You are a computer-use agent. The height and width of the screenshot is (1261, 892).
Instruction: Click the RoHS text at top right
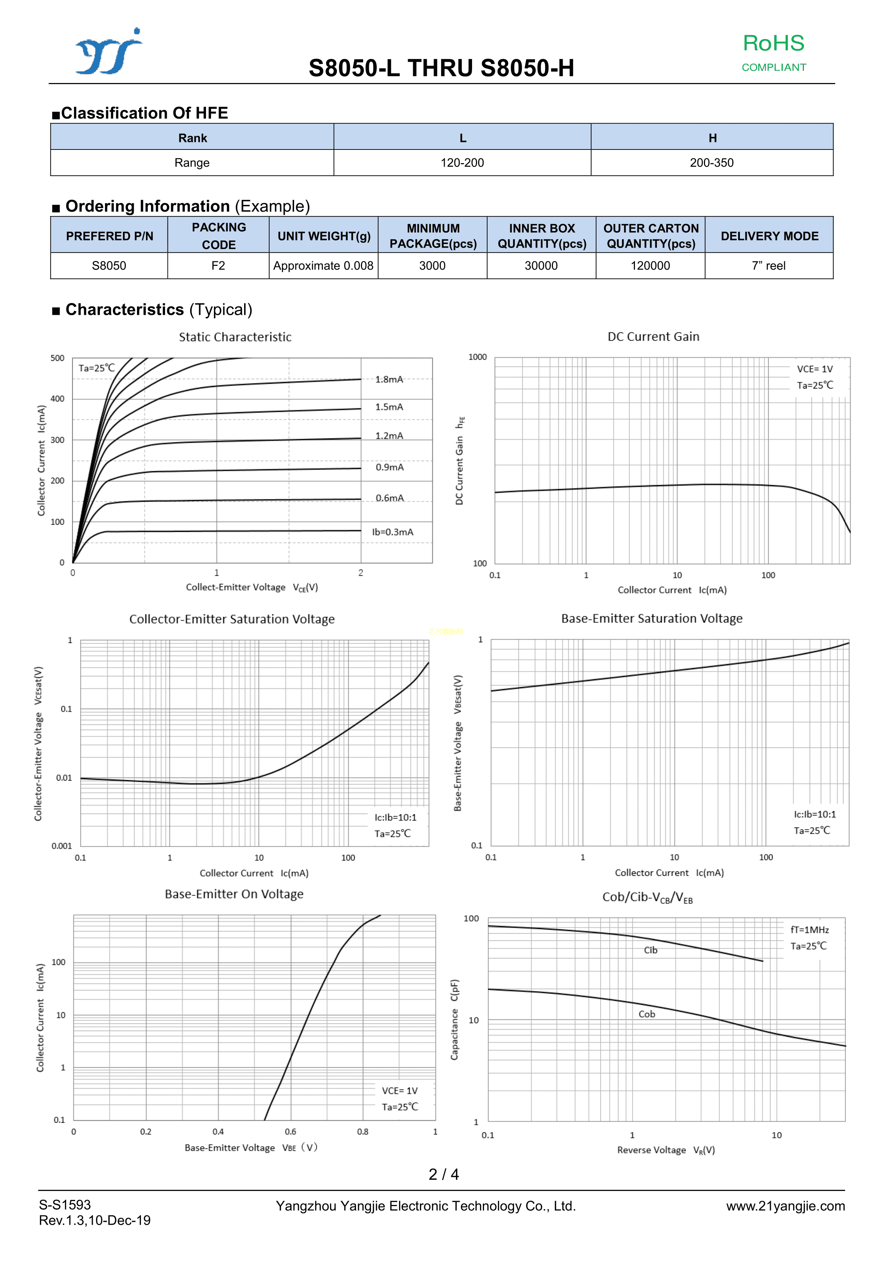773,43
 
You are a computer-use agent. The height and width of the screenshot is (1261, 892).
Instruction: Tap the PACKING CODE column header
219,236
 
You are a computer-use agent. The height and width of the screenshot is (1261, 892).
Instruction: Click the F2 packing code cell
218,266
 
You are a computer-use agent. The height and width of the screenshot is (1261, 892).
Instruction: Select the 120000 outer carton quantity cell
650,266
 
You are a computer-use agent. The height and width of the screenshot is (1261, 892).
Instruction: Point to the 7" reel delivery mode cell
768,266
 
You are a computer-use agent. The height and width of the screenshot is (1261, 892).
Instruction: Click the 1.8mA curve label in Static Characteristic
389,379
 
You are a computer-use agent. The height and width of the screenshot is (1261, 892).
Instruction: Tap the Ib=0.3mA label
392,532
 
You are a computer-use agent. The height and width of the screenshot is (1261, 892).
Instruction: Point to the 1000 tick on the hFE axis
477,357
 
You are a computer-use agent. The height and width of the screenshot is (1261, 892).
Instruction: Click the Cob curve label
647,1014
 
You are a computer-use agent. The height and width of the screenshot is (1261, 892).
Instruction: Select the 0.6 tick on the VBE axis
290,1131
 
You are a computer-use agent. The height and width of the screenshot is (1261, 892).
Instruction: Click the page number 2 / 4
444,1174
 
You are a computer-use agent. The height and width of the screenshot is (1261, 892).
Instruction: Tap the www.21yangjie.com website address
785,1206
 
